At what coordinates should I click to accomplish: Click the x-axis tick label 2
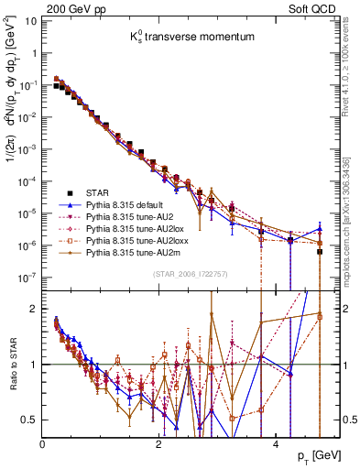pyautogui.click(x=158, y=442)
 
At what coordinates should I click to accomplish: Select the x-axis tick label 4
pyautogui.click(x=275, y=442)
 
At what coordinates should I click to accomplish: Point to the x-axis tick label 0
pyautogui.click(x=43, y=442)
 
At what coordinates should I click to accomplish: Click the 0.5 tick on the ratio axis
pyautogui.click(x=32, y=420)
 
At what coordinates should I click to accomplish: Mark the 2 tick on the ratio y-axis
pyautogui.click(x=35, y=308)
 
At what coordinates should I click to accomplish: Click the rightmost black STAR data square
pyautogui.click(x=320, y=251)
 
